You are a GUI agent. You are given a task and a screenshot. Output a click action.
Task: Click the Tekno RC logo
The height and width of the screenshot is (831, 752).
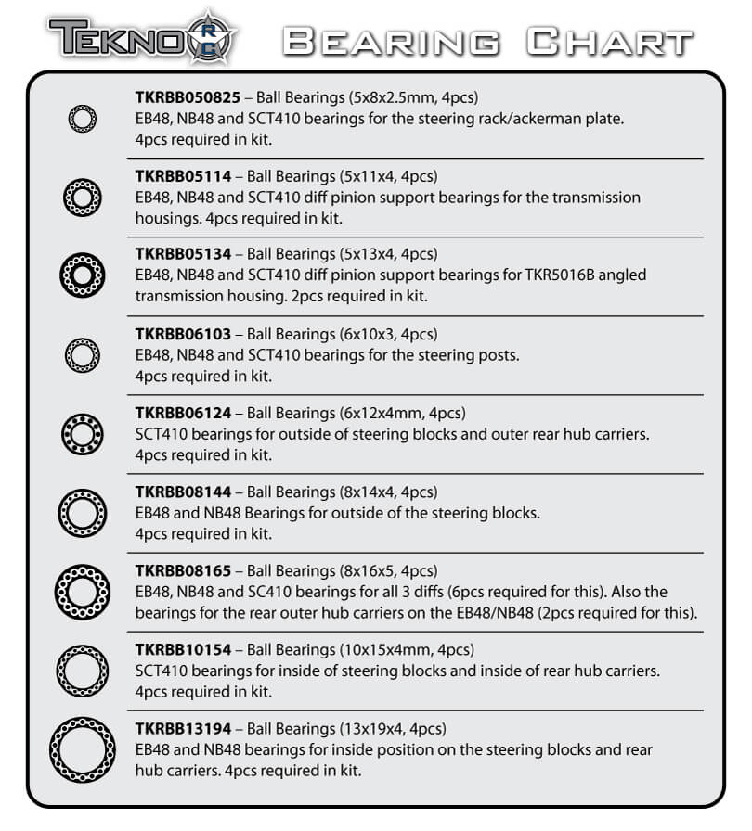tap(143, 39)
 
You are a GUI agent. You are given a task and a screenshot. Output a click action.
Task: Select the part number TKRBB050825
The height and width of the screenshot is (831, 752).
tap(188, 96)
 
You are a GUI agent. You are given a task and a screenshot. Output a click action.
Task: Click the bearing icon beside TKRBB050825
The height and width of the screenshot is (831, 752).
tap(82, 118)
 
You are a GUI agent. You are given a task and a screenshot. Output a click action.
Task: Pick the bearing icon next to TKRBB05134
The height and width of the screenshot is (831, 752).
tap(82, 275)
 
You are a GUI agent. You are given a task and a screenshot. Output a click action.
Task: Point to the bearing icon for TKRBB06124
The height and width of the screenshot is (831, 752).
tap(82, 432)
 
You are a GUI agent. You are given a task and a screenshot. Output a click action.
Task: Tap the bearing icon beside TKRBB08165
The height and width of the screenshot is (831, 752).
tap(82, 590)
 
